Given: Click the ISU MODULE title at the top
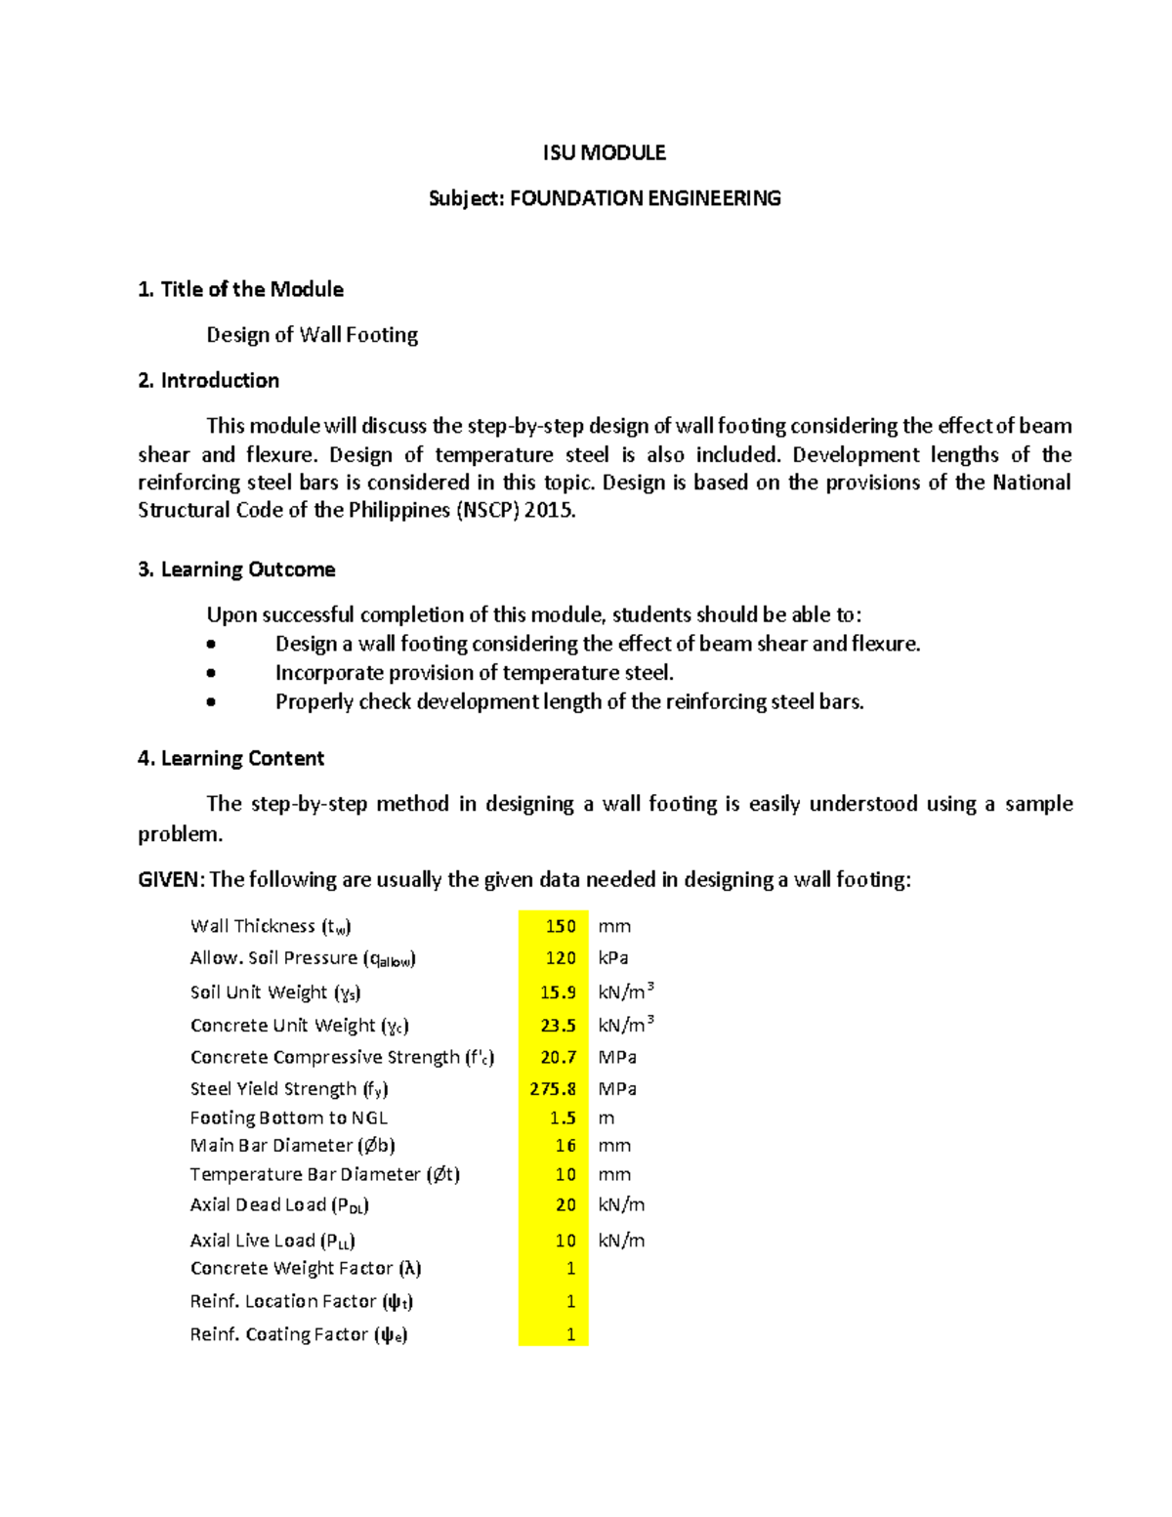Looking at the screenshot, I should coord(604,152).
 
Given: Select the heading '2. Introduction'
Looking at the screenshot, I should coord(209,380).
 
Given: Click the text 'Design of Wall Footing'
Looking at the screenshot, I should coord(312,335).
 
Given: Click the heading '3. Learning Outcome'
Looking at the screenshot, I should coord(236,569).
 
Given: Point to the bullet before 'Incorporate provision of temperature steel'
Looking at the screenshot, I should coord(211,673).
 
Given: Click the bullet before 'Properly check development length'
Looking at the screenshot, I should coord(211,701).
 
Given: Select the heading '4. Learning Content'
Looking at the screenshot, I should coord(230,759).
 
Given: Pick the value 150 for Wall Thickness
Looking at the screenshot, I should coord(561,926).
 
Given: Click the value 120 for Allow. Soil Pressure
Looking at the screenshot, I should coord(561,958).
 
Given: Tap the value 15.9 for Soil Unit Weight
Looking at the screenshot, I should coord(558,992).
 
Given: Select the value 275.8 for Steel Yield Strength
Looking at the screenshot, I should coord(553,1088).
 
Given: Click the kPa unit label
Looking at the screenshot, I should coord(612,958).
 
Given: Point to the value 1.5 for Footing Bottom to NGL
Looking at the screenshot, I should coord(563,1117).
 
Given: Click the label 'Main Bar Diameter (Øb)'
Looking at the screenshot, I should coord(292,1145).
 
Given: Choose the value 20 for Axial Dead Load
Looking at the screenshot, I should coord(565,1205).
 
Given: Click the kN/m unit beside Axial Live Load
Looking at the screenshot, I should coord(621,1241).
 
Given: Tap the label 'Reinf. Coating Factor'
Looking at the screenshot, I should coord(298,1334).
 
